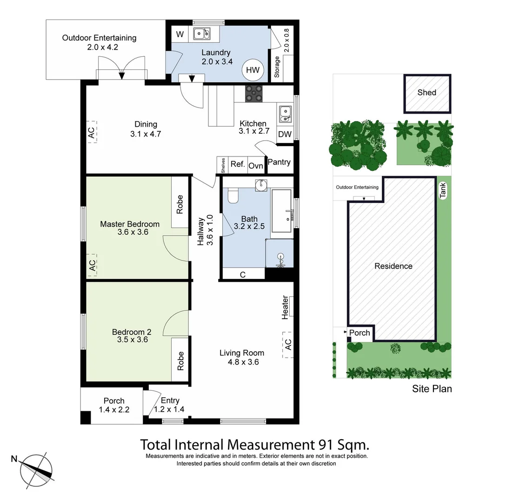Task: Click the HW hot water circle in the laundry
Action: click(253, 70)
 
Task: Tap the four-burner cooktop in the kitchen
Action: click(254, 94)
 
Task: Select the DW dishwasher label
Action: click(285, 134)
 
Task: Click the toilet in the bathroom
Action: click(233, 196)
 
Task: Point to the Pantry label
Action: click(279, 162)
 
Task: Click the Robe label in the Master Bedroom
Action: click(180, 204)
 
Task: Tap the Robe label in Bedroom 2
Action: click(180, 361)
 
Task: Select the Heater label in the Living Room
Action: click(285, 307)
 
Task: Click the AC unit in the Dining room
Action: click(92, 132)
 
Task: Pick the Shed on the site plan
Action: click(427, 94)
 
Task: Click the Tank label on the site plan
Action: click(443, 190)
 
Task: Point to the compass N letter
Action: click(14, 459)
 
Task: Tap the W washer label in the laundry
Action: click(180, 34)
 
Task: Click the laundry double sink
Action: click(202, 34)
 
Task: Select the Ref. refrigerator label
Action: click(238, 164)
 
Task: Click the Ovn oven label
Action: click(256, 166)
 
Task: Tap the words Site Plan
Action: click(432, 388)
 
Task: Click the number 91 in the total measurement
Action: click(326, 445)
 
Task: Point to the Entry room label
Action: click(170, 401)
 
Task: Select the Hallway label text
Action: click(200, 231)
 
